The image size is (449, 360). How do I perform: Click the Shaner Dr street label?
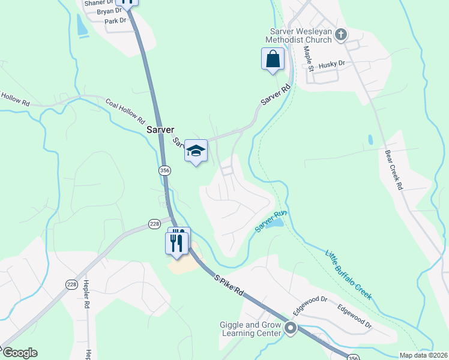98,3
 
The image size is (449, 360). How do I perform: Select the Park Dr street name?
115,20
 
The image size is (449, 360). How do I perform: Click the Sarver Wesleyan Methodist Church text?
301,36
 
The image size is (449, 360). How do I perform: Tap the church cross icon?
341,35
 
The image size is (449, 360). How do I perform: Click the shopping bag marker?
272,59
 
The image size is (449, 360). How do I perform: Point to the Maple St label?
309,59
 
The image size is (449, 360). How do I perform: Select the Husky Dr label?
333,64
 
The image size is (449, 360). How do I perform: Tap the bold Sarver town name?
160,130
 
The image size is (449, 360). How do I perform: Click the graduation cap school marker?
196,151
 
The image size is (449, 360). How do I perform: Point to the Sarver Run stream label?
270,223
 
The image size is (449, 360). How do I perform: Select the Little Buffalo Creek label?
349,274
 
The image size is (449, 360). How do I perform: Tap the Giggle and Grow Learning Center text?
250,329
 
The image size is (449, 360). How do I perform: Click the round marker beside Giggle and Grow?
291,328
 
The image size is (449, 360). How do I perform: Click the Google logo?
19,353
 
